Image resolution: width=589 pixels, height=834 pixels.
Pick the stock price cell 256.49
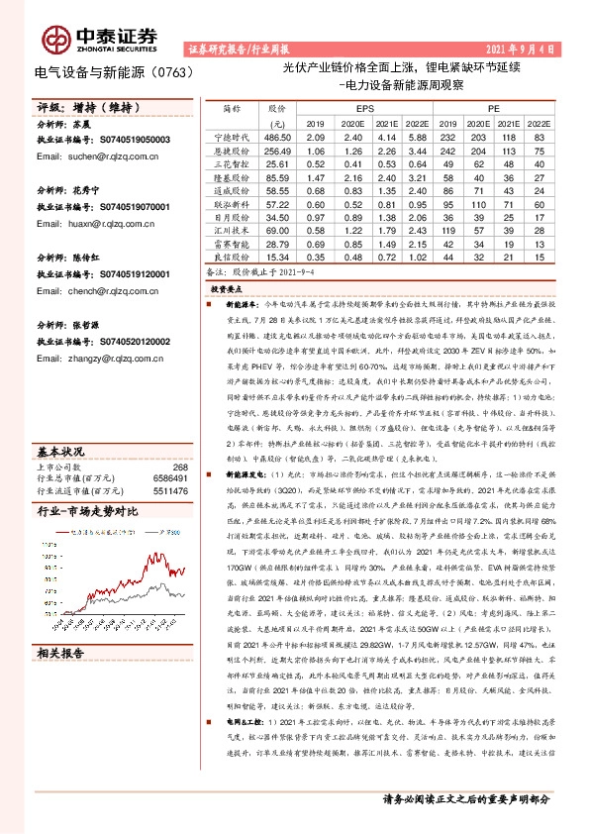276,150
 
